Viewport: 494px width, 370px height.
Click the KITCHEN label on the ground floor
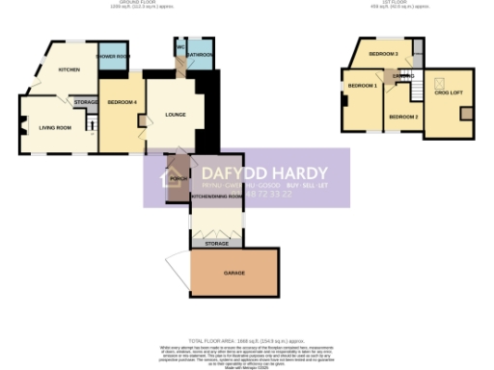69,70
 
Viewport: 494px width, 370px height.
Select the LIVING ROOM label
55,127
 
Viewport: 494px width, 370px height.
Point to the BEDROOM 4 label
122,102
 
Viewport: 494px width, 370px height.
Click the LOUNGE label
175,116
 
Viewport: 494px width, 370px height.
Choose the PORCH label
178,177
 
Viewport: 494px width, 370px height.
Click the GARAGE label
233,274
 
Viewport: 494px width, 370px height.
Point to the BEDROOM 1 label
362,87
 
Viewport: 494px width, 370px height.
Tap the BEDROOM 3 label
383,53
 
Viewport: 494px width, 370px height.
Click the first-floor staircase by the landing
417,90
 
